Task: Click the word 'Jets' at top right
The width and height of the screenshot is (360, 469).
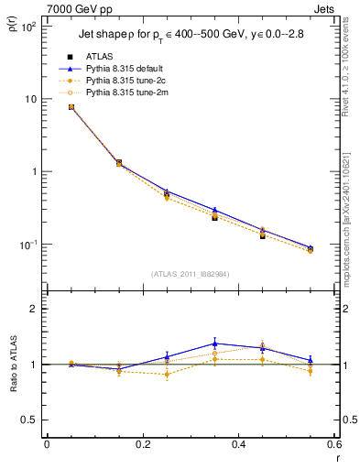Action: [326, 7]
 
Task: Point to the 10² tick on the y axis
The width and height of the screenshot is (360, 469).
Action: [29, 27]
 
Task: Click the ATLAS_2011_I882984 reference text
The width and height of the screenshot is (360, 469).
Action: [191, 273]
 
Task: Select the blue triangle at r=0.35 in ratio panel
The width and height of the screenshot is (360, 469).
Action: [214, 344]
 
